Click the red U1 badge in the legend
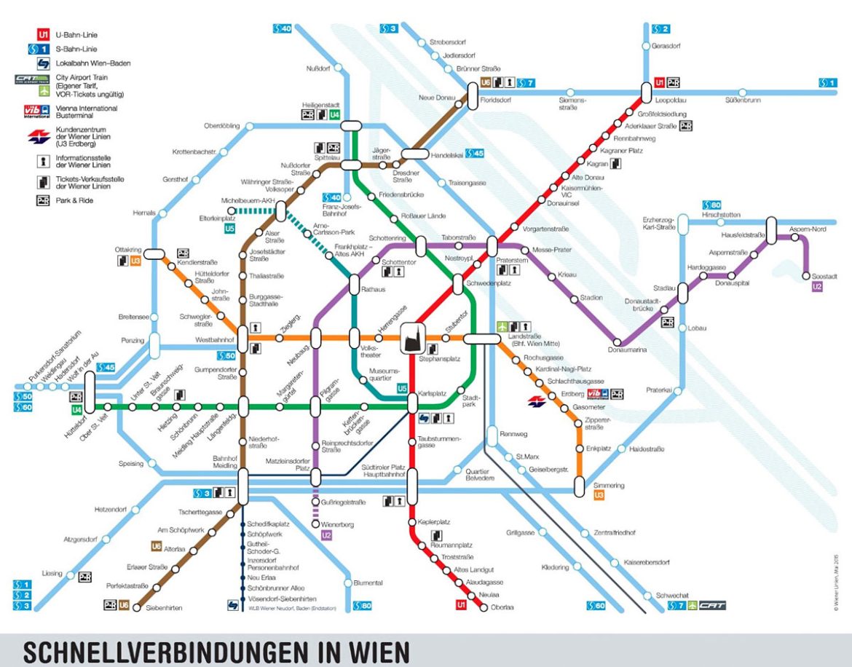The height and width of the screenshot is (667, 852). pyautogui.click(x=43, y=34)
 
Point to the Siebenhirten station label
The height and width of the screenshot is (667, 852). pyautogui.click(x=164, y=607)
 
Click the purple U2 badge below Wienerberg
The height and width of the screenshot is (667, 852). pyautogui.click(x=326, y=536)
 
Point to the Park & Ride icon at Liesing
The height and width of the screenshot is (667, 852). pyautogui.click(x=85, y=577)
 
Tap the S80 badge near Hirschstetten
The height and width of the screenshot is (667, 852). pyautogui.click(x=711, y=205)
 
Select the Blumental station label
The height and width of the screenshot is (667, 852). pyautogui.click(x=368, y=583)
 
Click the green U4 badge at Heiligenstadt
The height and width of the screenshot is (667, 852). pyautogui.click(x=334, y=115)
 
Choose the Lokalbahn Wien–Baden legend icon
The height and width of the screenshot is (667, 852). pyautogui.click(x=43, y=63)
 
